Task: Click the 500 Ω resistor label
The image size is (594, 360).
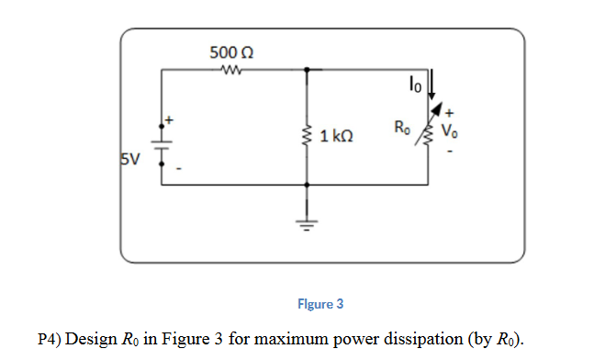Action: coord(230,51)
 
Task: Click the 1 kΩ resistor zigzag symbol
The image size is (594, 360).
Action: coord(307,137)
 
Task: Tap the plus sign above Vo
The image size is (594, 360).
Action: coord(449,116)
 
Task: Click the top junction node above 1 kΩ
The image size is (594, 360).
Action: coord(307,69)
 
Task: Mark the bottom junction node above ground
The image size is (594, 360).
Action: coord(307,185)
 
